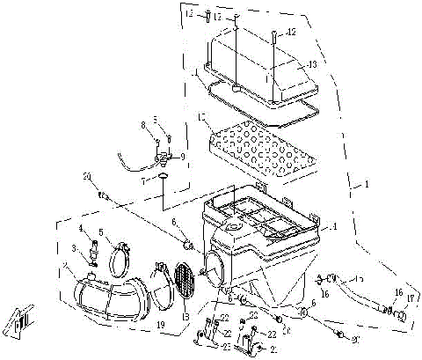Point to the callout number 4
(x=81, y=229)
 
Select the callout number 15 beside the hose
(x=359, y=279)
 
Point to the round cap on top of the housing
(x=234, y=228)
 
